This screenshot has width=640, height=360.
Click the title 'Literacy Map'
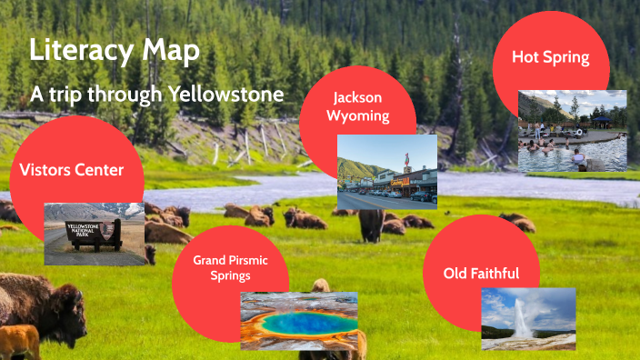point(115,51)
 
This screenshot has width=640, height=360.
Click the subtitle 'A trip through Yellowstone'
point(157,94)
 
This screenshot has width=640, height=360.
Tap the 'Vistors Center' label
point(71,169)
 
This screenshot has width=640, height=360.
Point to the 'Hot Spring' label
point(550,57)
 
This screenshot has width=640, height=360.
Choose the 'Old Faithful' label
point(481,273)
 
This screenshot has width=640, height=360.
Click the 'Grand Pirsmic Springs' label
point(230,267)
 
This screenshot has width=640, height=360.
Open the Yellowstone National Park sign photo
point(94,234)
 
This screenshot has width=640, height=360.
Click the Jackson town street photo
point(386,172)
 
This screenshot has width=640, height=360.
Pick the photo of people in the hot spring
point(572,131)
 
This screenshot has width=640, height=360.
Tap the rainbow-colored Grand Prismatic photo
point(298,321)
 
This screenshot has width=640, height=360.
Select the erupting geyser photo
point(528,319)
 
